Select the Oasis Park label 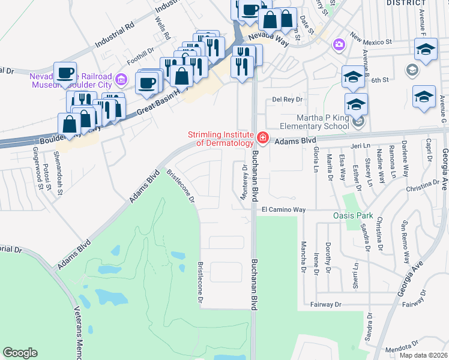(353, 215)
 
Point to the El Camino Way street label (284, 210)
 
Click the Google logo (20, 353)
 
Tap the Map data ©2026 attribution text (424, 355)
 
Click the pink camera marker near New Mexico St (339, 44)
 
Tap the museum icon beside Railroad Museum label (121, 79)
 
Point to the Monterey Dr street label (245, 176)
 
